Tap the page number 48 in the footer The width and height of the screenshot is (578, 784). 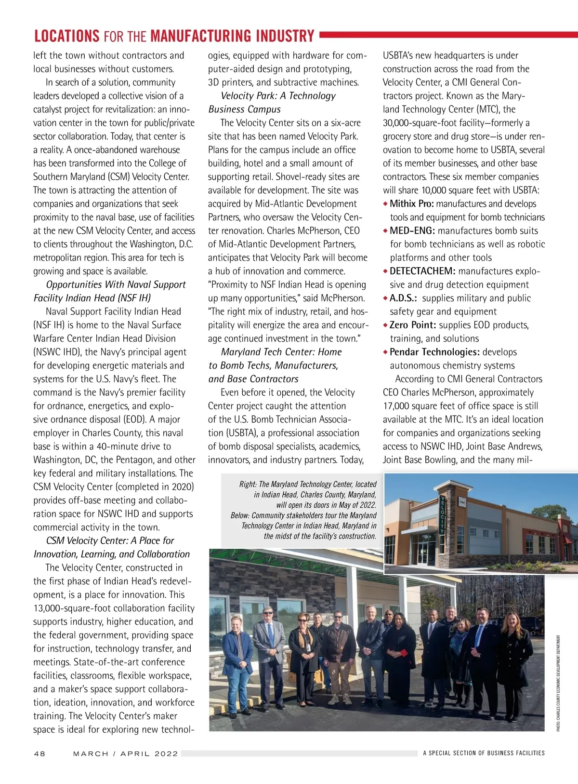pyautogui.click(x=39, y=754)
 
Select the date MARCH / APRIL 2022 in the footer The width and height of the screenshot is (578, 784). pyautogui.click(x=125, y=754)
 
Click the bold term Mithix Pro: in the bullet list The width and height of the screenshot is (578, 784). pyautogui.click(x=412, y=204)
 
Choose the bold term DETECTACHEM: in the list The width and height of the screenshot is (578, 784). pyautogui.click(x=422, y=271)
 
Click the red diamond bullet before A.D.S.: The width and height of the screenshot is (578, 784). pyautogui.click(x=385, y=298)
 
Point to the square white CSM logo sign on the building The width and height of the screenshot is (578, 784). pyautogui.click(x=462, y=502)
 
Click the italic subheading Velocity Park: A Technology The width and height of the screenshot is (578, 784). pyautogui.click(x=278, y=96)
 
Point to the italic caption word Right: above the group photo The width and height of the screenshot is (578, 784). pyautogui.click(x=248, y=484)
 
